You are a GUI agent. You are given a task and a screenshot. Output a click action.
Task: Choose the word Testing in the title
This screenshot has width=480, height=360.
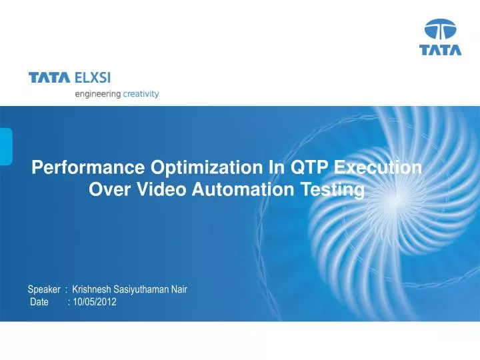click(333, 191)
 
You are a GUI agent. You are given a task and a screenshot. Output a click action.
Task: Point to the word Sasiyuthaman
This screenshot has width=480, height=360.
click(144, 290)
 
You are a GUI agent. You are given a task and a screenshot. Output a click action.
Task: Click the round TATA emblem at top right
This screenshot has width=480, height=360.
click(440, 31)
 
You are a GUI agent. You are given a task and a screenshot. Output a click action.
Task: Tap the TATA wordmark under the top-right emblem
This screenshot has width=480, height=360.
click(440, 51)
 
